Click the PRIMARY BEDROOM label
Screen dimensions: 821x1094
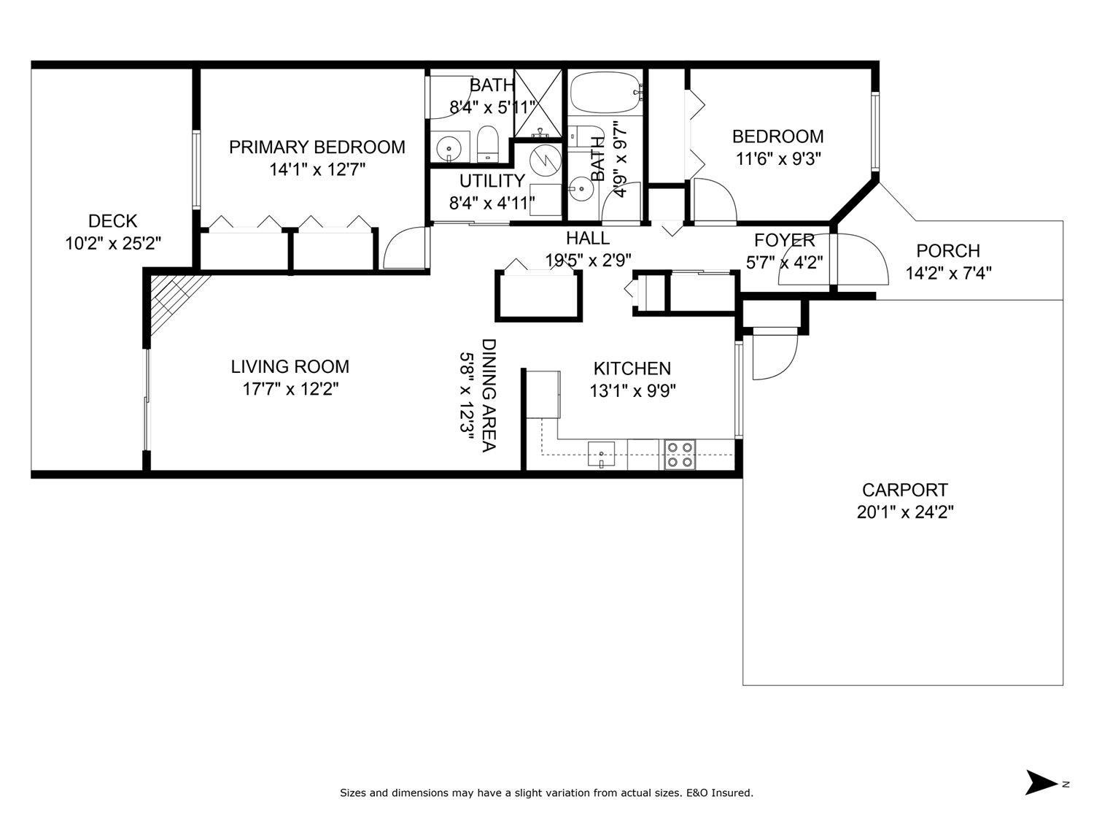pos(317,147)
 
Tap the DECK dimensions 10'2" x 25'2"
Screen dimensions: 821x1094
pos(113,243)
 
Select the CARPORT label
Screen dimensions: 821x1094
pos(904,490)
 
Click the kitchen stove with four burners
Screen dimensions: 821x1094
pos(679,454)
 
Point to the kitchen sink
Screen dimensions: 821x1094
pos(601,453)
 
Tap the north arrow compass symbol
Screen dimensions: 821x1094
pos(1041,782)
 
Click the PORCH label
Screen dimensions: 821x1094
pos(947,251)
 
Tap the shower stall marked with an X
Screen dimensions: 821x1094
pos(538,102)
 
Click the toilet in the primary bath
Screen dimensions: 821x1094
pos(486,144)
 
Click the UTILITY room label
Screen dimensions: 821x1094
pos(492,181)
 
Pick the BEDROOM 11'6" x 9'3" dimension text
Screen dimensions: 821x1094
pos(777,159)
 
